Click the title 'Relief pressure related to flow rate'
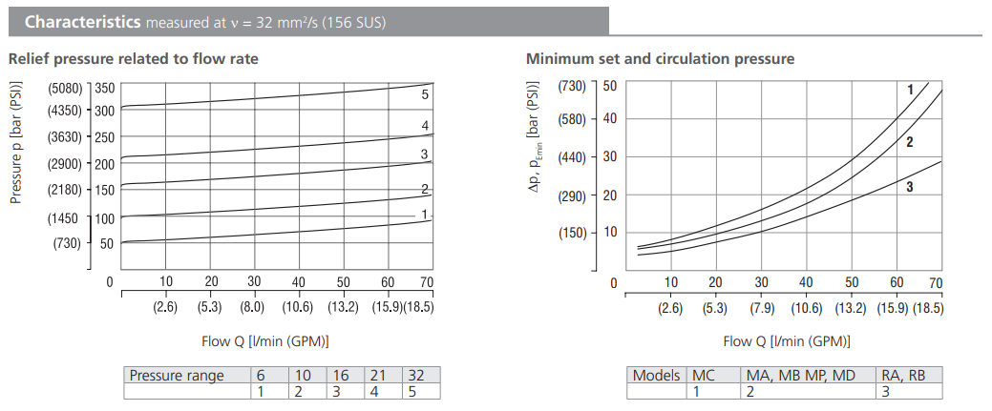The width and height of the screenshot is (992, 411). pos(134,59)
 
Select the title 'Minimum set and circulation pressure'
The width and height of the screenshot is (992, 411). pos(660,59)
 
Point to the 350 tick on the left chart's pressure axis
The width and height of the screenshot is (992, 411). pos(104,88)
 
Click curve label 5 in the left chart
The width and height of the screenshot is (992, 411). pos(425,94)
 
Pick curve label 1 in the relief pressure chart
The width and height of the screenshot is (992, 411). pos(425,215)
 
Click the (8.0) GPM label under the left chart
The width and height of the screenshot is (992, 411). pos(253,307)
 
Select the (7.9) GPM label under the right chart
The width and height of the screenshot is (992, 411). pos(761,307)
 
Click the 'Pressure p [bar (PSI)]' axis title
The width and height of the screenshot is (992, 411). pos(16,143)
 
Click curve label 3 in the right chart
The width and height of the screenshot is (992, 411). pos(910,188)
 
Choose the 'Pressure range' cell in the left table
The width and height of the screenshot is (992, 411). pos(177,376)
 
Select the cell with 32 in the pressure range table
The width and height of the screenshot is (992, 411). pos(414,376)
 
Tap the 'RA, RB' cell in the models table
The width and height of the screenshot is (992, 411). pos(901,376)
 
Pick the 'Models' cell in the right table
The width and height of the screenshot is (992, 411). pos(657,376)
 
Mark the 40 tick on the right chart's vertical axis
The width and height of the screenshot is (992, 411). pos(609,119)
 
